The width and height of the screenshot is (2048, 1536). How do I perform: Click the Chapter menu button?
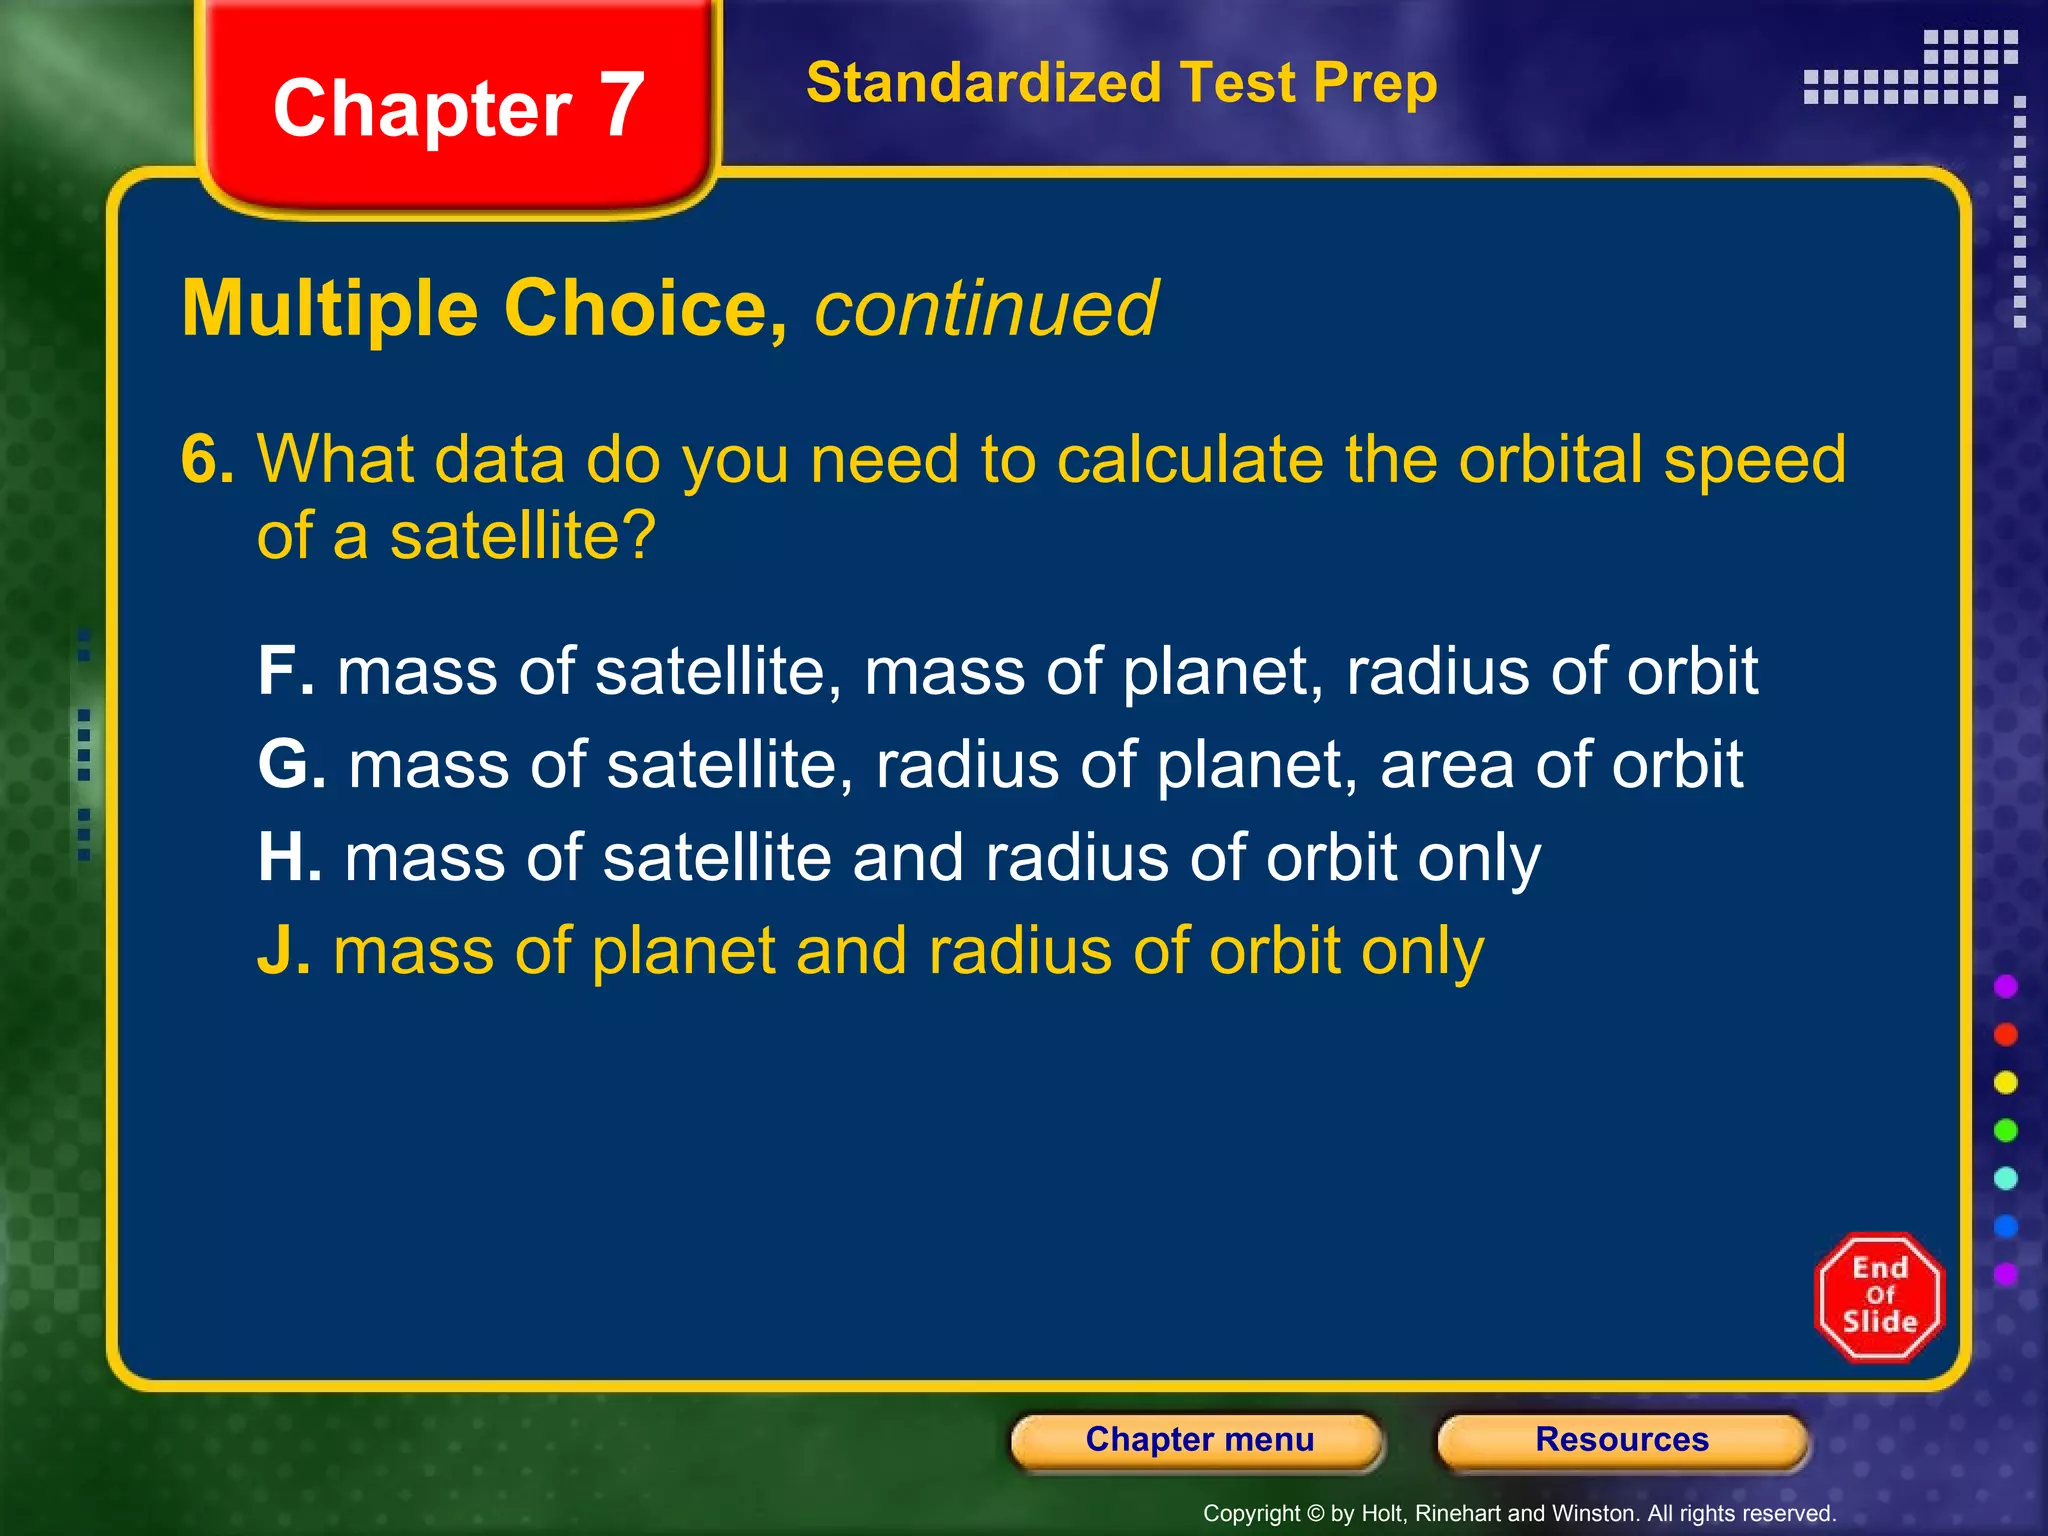pyautogui.click(x=1198, y=1440)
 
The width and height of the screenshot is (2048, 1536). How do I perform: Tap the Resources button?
pyautogui.click(x=1621, y=1440)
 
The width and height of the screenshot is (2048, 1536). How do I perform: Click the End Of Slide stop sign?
pyautogui.click(x=1879, y=1297)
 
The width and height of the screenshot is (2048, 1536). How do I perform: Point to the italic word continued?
pyautogui.click(x=986, y=309)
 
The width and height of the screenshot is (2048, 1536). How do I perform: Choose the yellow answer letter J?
pyautogui.click(x=283, y=951)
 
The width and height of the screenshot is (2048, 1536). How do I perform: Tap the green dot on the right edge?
pyautogui.click(x=2005, y=1131)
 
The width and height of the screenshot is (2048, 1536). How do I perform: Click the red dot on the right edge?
pyautogui.click(x=2005, y=1035)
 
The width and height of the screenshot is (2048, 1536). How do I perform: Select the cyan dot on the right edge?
pyautogui.click(x=2005, y=1179)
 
